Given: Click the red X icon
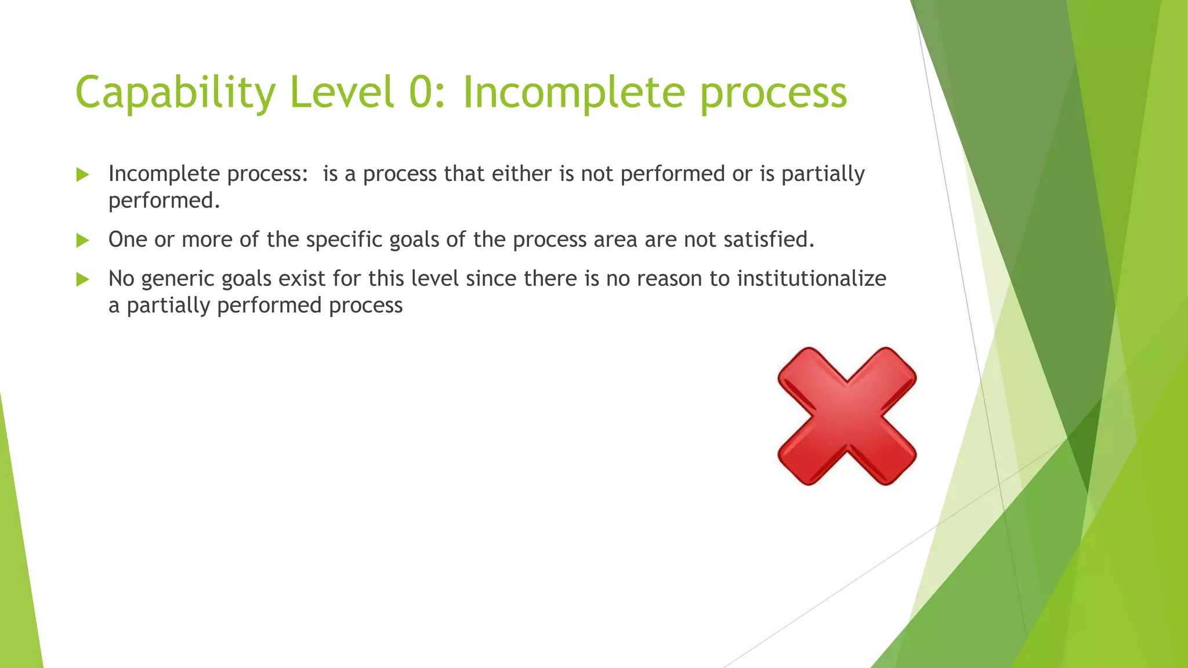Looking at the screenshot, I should (x=847, y=416).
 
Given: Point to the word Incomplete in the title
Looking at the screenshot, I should (x=574, y=93).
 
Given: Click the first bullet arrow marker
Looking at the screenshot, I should (x=82, y=175).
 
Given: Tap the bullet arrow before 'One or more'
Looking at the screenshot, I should (x=82, y=240).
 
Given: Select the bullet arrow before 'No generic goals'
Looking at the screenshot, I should (x=82, y=279).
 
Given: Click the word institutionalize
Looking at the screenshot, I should (x=812, y=278).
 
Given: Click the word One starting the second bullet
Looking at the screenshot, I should (x=128, y=239).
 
